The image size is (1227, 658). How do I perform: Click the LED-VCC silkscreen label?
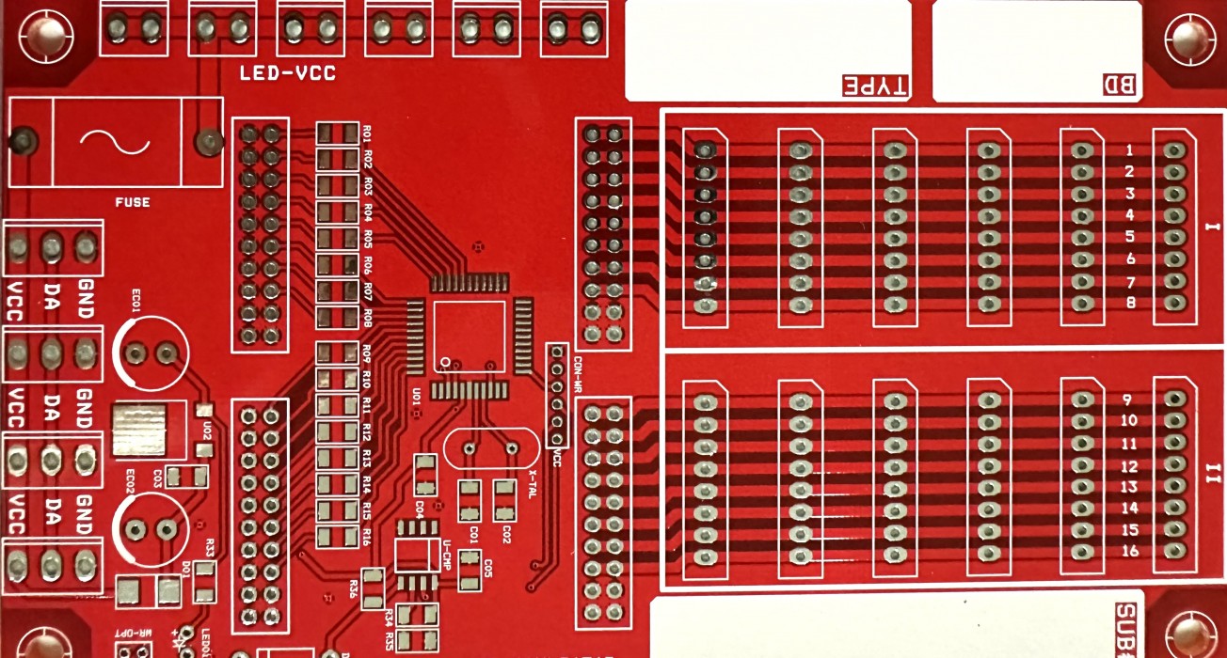coord(287,74)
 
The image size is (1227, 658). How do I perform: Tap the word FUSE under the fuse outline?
coord(132,202)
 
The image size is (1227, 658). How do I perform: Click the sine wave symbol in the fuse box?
coord(115,142)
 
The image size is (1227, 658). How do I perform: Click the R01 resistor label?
coord(368,133)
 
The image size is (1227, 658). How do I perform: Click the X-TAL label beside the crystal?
coord(533,484)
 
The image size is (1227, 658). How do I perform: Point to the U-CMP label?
coord(447,556)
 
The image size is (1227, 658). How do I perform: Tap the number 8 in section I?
coord(1130,303)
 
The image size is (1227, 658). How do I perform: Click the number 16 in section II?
coord(1130,551)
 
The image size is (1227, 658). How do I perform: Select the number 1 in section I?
coord(1129,150)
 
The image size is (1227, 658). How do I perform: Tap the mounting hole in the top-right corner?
coord(1189,39)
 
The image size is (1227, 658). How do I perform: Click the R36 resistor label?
coord(353,588)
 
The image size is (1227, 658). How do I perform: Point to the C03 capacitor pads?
coord(186,477)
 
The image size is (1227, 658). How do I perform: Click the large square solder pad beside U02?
coord(137,431)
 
